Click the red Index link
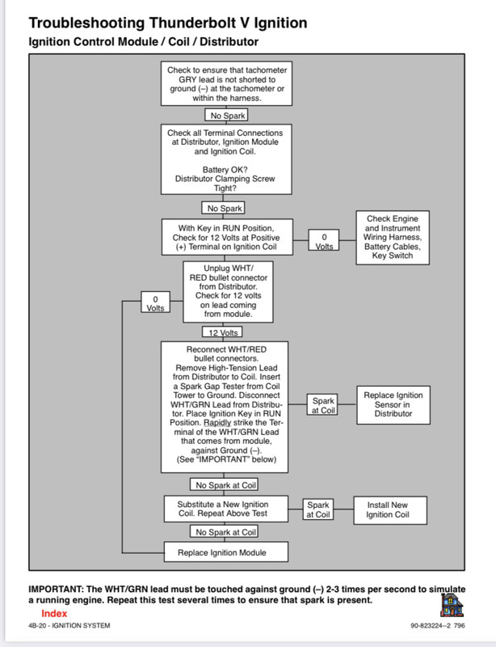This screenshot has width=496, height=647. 54,613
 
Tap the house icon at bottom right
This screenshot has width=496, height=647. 452,605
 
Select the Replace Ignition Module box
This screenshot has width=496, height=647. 226,552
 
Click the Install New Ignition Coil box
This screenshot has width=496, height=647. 390,510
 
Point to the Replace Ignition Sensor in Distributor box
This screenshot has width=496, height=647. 393,405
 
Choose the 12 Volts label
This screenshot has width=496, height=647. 222,332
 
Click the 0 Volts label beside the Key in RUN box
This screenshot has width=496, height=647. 324,240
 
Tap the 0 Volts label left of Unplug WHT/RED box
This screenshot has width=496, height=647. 155,302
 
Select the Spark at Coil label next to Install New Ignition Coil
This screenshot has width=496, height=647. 318,510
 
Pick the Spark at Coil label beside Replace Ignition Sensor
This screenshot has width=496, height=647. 322,404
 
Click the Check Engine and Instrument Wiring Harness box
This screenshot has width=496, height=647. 393,238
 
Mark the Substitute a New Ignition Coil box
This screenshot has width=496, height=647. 226,510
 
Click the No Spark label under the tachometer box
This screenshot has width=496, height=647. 227,115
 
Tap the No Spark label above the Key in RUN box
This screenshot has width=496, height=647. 224,208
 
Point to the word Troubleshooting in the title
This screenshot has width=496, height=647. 86,23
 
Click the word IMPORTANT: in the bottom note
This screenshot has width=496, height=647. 56,589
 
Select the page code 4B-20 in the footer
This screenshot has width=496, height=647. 37,625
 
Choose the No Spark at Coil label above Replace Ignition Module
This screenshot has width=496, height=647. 224,531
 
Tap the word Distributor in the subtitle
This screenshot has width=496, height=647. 229,42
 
